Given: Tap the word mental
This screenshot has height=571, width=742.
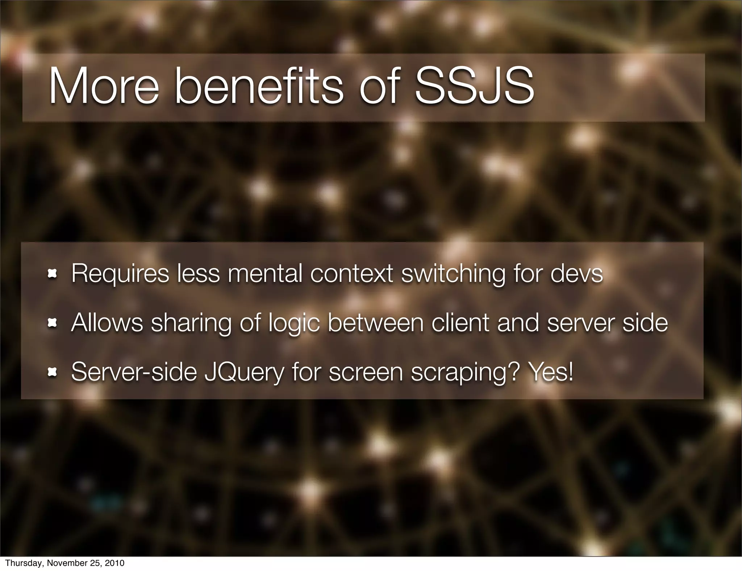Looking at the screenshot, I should (x=265, y=274).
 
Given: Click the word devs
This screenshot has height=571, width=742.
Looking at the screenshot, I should (x=577, y=274).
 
